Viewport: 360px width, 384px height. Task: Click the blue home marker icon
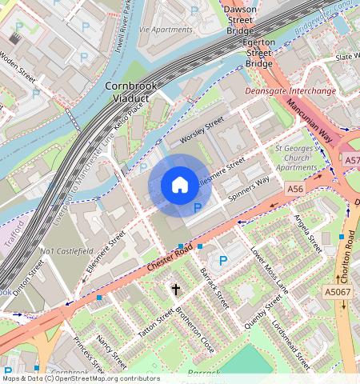180,186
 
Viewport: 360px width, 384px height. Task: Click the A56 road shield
296,189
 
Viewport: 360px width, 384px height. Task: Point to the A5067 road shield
338,292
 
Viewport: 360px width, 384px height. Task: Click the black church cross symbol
175,289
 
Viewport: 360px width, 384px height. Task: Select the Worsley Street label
202,130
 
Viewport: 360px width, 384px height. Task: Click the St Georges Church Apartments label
296,158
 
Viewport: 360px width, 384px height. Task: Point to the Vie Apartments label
165,29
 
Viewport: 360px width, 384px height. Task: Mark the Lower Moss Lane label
269,268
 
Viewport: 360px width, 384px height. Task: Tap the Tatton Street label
154,324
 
